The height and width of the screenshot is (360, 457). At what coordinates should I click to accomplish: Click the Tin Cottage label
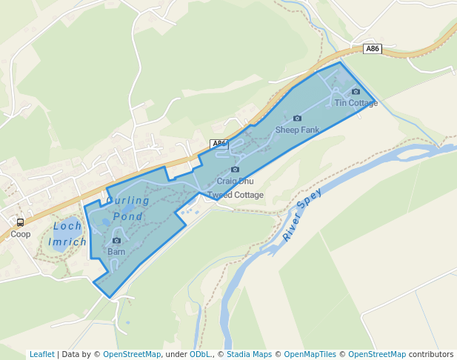(x=356, y=103)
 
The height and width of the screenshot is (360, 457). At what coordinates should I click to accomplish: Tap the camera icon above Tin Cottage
(x=356, y=92)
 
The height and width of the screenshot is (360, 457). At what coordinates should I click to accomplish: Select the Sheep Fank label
(x=297, y=130)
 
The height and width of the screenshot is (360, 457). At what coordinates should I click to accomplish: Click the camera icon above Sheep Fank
(x=297, y=119)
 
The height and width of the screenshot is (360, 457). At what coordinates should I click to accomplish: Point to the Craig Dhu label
(x=235, y=181)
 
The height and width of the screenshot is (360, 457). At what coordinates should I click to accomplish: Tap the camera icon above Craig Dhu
(x=235, y=170)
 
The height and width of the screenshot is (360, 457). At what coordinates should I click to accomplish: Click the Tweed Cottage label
(x=235, y=195)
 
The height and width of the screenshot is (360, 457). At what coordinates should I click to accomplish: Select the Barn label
(x=116, y=252)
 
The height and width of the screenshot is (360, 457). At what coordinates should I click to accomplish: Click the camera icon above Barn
(x=116, y=241)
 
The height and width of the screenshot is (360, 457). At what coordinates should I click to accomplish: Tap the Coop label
(x=21, y=234)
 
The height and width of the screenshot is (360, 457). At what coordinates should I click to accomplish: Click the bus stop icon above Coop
(x=20, y=222)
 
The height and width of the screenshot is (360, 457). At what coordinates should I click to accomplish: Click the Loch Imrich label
(x=67, y=234)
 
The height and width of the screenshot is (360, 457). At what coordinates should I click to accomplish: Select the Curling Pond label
(x=127, y=208)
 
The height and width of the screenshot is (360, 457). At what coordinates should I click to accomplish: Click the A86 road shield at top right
(x=373, y=48)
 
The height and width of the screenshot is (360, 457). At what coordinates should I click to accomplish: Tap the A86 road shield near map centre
(x=218, y=143)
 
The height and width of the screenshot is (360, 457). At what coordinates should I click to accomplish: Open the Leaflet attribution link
(x=41, y=354)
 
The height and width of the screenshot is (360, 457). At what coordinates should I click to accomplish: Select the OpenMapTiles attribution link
(x=310, y=354)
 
